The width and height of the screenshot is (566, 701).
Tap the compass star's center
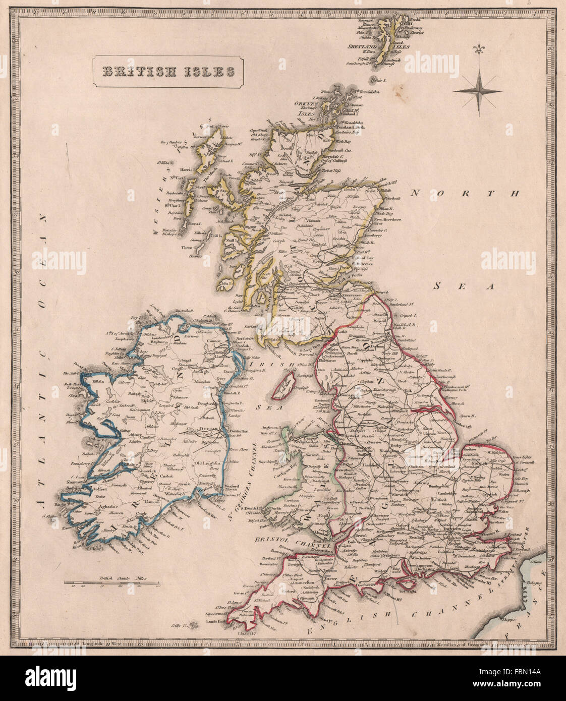(477, 91)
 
